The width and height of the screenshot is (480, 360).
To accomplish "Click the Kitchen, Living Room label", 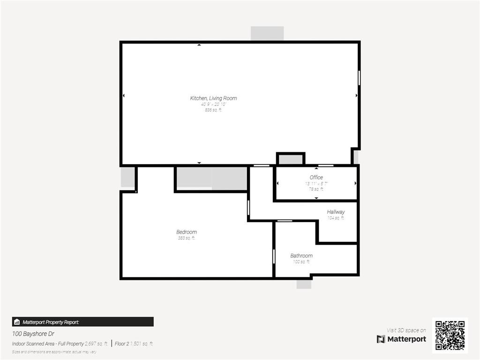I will click(213, 98).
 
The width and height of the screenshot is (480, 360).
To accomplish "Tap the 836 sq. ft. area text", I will click(213, 110).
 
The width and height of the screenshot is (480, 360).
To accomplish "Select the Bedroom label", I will click(187, 232).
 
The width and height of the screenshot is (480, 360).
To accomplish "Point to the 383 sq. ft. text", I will click(187, 238).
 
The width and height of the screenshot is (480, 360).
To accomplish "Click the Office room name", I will click(316, 177).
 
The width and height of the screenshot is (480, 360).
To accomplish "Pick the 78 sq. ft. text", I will click(316, 189).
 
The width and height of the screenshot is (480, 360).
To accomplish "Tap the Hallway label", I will click(336, 212).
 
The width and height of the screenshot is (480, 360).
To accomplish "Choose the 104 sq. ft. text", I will click(336, 218).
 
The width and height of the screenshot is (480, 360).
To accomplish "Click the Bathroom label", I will click(301, 255).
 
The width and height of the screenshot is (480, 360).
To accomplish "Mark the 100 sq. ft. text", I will click(301, 262).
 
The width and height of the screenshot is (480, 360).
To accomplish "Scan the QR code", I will click(450, 335).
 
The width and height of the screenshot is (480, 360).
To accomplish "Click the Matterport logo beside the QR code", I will click(402, 339).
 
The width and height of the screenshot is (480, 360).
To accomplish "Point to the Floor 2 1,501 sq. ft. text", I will click(134, 344).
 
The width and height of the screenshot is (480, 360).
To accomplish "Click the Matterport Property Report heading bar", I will click(82, 322).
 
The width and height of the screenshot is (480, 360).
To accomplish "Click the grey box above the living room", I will click(267, 33).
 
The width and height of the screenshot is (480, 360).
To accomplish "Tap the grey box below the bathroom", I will click(304, 284).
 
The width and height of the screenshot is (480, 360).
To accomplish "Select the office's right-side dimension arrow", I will click(357, 183).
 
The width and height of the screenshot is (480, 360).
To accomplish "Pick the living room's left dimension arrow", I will click(124, 96).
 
